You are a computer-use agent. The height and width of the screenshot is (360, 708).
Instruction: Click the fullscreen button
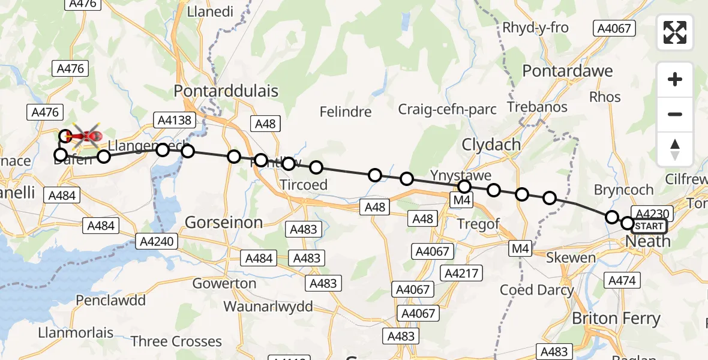pos(675,32)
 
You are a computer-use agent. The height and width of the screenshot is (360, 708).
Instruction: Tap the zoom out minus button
pos(675,114)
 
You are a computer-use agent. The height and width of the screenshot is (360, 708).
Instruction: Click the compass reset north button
pos(675,149)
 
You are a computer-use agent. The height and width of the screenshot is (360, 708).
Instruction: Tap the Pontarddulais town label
pos(226,91)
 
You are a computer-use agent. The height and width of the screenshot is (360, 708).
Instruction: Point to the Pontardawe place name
pos(568,71)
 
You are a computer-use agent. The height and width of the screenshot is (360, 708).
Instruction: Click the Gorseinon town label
pos(224,223)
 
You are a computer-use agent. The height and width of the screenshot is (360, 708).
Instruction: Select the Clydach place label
pos(486,145)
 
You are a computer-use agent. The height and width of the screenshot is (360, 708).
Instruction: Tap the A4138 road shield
pos(174,120)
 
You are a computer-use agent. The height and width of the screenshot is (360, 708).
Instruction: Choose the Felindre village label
pos(346,112)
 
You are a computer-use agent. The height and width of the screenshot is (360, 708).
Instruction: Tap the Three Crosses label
pos(176,341)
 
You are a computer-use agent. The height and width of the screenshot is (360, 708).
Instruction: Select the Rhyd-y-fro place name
pos(535,28)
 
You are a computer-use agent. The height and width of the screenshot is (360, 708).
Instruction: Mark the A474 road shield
pos(624,280)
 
